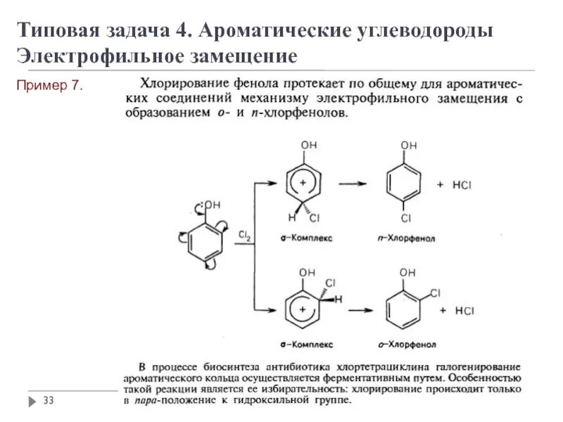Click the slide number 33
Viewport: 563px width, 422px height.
click(x=49, y=401)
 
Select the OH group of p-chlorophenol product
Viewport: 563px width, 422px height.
click(x=409, y=146)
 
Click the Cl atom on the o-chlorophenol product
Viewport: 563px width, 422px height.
click(x=435, y=292)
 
